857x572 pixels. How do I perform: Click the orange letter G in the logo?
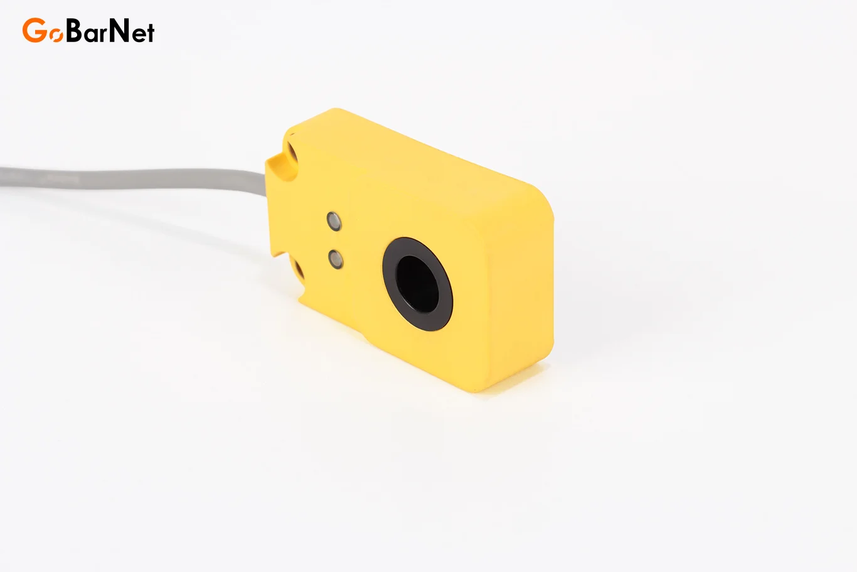click(x=35, y=30)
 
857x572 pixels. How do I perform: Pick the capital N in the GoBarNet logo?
click(x=119, y=30)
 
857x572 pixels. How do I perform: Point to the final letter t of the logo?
click(x=150, y=33)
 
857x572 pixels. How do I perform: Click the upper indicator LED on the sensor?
click(x=334, y=221)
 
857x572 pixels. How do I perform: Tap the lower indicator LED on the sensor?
click(x=336, y=259)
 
